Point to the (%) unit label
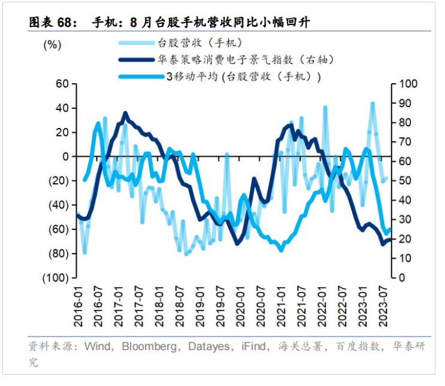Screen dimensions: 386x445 [52, 44]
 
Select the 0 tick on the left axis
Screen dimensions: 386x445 [65, 156]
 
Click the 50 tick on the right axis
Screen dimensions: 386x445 [404, 181]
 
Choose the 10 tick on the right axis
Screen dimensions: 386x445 [404, 259]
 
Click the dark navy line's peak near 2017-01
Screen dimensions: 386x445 [125, 113]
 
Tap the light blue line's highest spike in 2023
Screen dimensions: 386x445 [373, 103]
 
